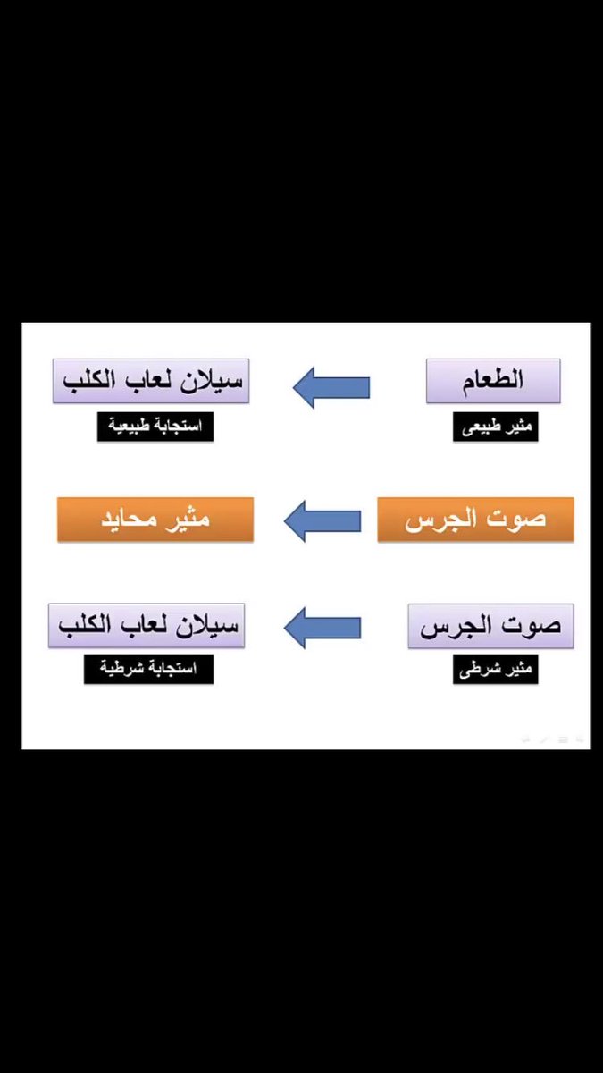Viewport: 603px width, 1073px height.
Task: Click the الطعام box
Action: pos(493,381)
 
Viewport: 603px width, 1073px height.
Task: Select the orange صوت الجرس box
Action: pos(475,520)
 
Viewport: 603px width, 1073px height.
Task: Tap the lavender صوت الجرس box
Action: pos(490,626)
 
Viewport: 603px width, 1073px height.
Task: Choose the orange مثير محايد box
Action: pos(155,520)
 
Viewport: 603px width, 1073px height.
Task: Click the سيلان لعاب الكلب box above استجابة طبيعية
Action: pos(150,381)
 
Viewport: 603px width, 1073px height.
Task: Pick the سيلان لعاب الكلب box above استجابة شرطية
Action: pos(147,626)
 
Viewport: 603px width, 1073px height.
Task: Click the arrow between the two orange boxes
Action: pos(322,521)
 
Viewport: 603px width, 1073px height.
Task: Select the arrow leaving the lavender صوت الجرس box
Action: pos(322,627)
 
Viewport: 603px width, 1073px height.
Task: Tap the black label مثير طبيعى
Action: pos(493,427)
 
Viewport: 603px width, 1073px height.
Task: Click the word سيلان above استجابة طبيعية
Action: pos(209,381)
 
